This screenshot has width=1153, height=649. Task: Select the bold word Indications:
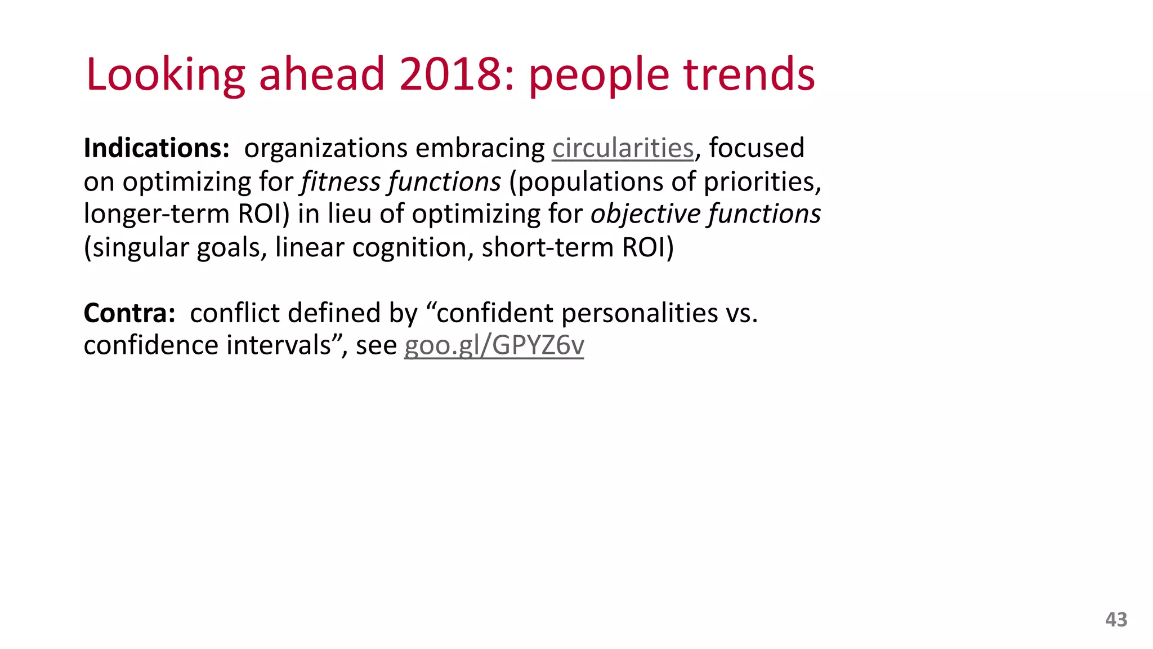[x=157, y=148]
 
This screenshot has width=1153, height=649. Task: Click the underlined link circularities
[x=622, y=148]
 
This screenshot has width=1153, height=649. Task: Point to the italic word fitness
[x=341, y=181]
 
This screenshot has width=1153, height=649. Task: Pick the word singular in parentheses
[x=140, y=247]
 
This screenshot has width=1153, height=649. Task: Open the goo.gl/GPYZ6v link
[x=494, y=345]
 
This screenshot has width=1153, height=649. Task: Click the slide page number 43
[x=1116, y=620]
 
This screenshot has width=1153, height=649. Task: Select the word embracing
[x=481, y=148]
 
